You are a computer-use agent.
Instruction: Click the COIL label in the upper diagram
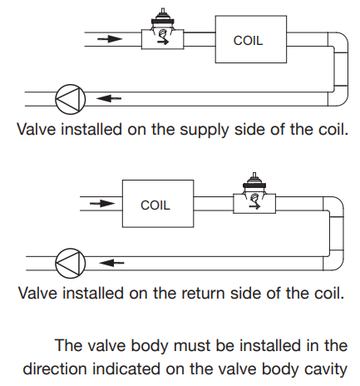248,41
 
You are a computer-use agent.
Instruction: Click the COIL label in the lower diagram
155,205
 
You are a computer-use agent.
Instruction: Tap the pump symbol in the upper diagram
71,99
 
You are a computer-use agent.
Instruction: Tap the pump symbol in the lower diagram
71,263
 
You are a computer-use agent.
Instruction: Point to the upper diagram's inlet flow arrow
110,39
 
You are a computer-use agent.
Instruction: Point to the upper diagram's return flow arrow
109,98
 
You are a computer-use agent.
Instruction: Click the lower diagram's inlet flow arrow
102,204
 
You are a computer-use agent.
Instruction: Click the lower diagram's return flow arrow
111,262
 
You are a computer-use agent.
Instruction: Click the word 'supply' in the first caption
205,131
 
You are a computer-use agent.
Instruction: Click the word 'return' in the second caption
203,294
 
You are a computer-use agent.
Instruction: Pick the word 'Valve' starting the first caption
37,129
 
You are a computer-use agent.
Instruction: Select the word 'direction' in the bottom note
55,369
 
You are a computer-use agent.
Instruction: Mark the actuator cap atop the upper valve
163,17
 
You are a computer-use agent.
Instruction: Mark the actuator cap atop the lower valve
254,182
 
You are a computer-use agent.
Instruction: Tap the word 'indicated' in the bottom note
126,369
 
